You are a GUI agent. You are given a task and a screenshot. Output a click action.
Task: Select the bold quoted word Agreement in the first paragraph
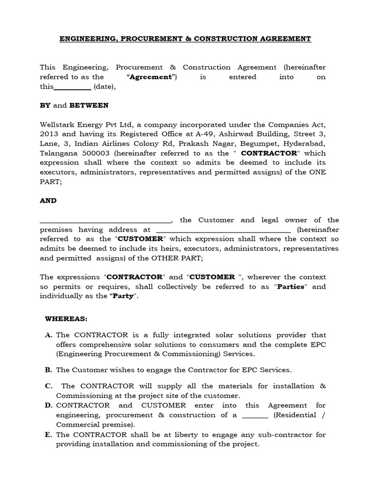tap(152, 77)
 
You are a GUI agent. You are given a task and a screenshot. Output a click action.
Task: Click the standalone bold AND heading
tap(48, 201)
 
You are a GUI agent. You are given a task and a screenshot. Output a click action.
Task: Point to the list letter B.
tap(48, 370)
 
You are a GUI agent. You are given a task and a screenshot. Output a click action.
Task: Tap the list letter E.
tap(48, 435)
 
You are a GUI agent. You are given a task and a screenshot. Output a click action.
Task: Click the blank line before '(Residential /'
tap(254, 416)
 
